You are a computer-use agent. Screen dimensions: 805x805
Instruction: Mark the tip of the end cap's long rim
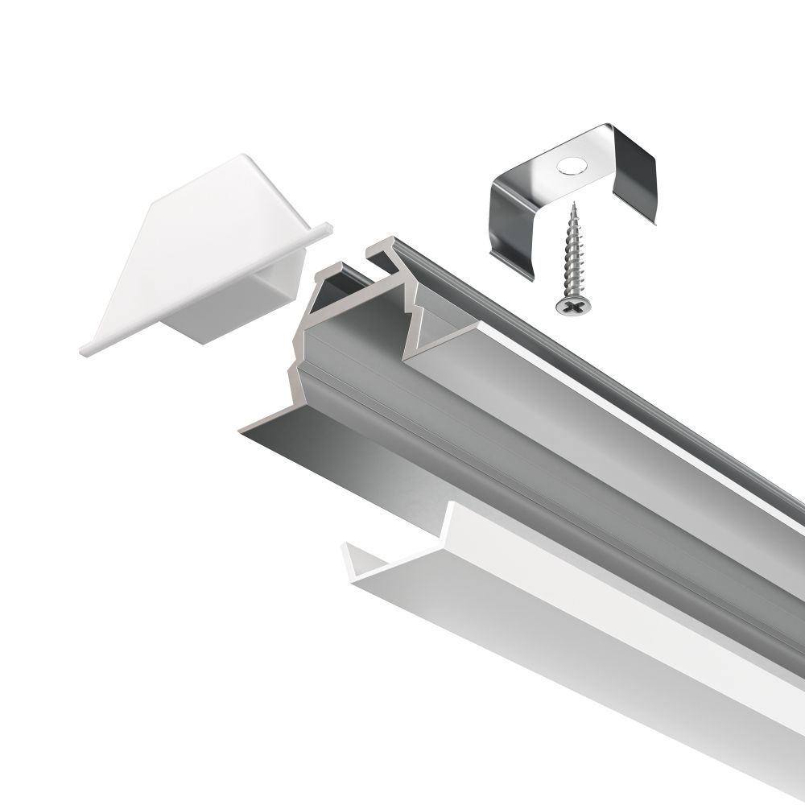85,351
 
